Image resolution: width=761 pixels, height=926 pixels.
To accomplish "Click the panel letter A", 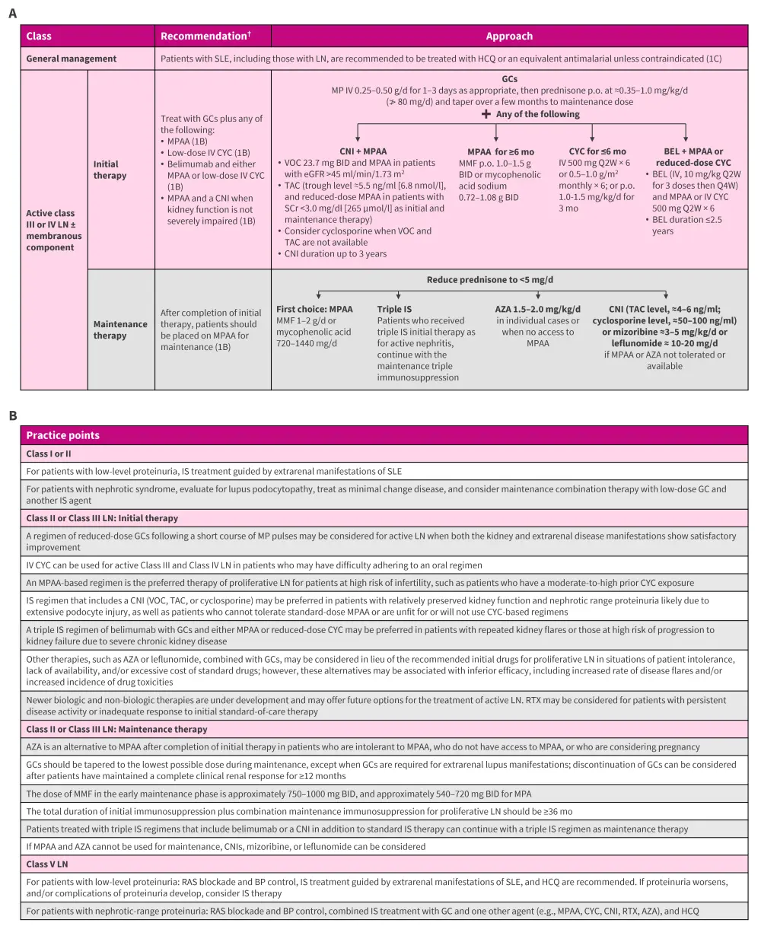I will pyautogui.click(x=12, y=13).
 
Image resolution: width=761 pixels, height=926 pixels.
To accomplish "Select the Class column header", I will pyautogui.click(x=39, y=36).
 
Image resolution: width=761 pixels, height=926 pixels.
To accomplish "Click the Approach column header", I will pyautogui.click(x=509, y=36).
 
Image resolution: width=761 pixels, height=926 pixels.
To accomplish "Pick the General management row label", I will pyautogui.click(x=72, y=59).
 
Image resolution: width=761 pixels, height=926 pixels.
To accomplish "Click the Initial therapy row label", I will pyautogui.click(x=110, y=170).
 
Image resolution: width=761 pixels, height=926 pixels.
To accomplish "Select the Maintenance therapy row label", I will pyautogui.click(x=119, y=329).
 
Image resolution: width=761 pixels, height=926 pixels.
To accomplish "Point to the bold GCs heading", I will pyautogui.click(x=509, y=78).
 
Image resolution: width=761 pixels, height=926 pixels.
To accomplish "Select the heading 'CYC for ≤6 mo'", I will pyautogui.click(x=597, y=151).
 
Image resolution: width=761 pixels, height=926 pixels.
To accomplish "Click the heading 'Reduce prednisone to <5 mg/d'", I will pyautogui.click(x=490, y=280).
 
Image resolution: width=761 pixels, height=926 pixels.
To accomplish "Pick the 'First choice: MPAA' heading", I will pyautogui.click(x=314, y=310).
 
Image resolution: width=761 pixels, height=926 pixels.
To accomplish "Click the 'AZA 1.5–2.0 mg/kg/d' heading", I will pyautogui.click(x=537, y=309).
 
